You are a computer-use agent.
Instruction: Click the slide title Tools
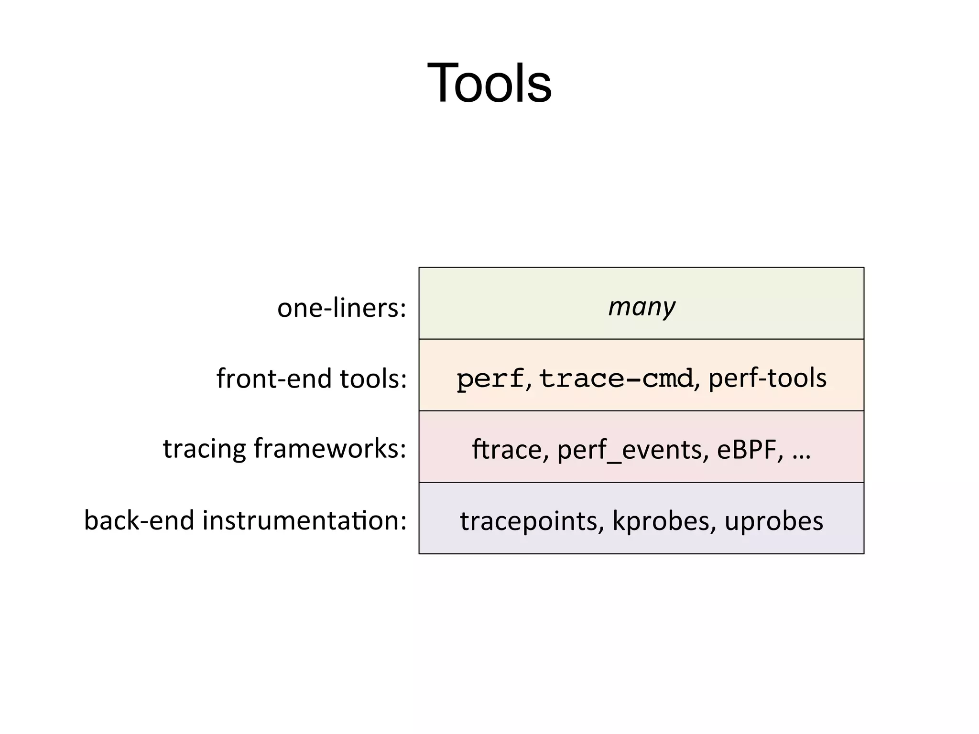489,83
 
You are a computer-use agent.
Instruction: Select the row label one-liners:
341,307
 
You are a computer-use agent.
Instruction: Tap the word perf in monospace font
490,378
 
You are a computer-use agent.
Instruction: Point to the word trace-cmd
616,378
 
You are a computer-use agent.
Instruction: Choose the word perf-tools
767,378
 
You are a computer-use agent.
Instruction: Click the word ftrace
507,450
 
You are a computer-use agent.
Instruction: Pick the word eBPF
750,450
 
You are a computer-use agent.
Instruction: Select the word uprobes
773,521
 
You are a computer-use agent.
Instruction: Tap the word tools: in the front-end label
373,378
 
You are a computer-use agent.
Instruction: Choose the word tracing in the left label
204,450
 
